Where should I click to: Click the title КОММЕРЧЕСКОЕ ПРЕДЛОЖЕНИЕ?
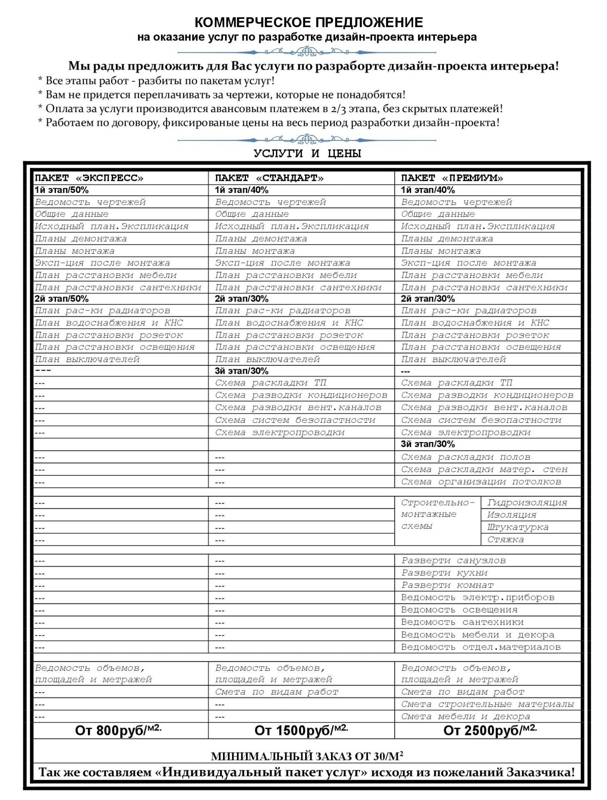click(309, 22)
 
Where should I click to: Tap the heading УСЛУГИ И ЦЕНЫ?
click(307, 154)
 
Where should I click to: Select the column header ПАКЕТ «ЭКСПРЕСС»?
click(89, 178)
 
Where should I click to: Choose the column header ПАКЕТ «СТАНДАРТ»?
click(269, 178)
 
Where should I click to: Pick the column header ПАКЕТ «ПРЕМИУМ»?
click(452, 178)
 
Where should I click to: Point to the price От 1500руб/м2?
click(301, 730)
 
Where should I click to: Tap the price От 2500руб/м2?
click(490, 730)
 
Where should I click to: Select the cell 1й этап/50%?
click(62, 190)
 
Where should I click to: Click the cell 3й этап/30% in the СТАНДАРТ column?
click(242, 371)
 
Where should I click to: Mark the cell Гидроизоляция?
click(527, 502)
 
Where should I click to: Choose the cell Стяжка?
click(505, 540)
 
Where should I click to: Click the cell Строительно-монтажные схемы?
click(437, 515)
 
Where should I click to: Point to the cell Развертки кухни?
click(444, 573)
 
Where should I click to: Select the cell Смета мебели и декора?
click(465, 717)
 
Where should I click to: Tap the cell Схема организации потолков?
click(481, 482)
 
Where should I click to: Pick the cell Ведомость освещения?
click(459, 610)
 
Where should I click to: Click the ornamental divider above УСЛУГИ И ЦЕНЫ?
click(307, 140)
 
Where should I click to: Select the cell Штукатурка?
click(518, 527)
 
